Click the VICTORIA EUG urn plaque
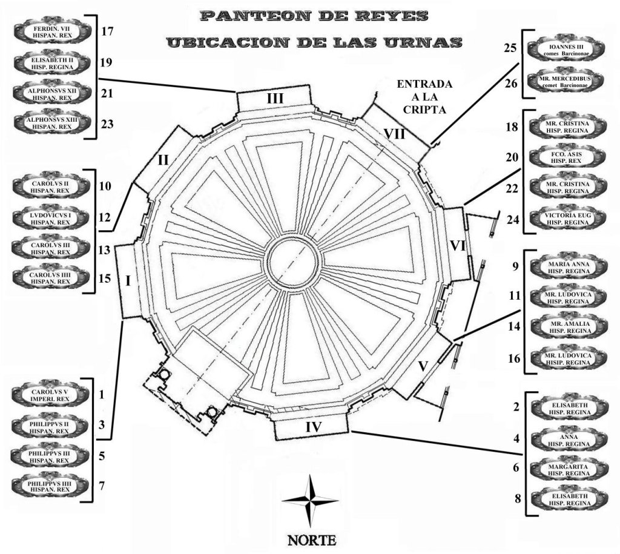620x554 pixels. coord(567,219)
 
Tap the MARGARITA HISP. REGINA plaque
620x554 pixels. coord(569,470)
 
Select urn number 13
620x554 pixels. coord(105,250)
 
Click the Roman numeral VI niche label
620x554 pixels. coord(458,245)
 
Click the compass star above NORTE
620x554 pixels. coord(310,501)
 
